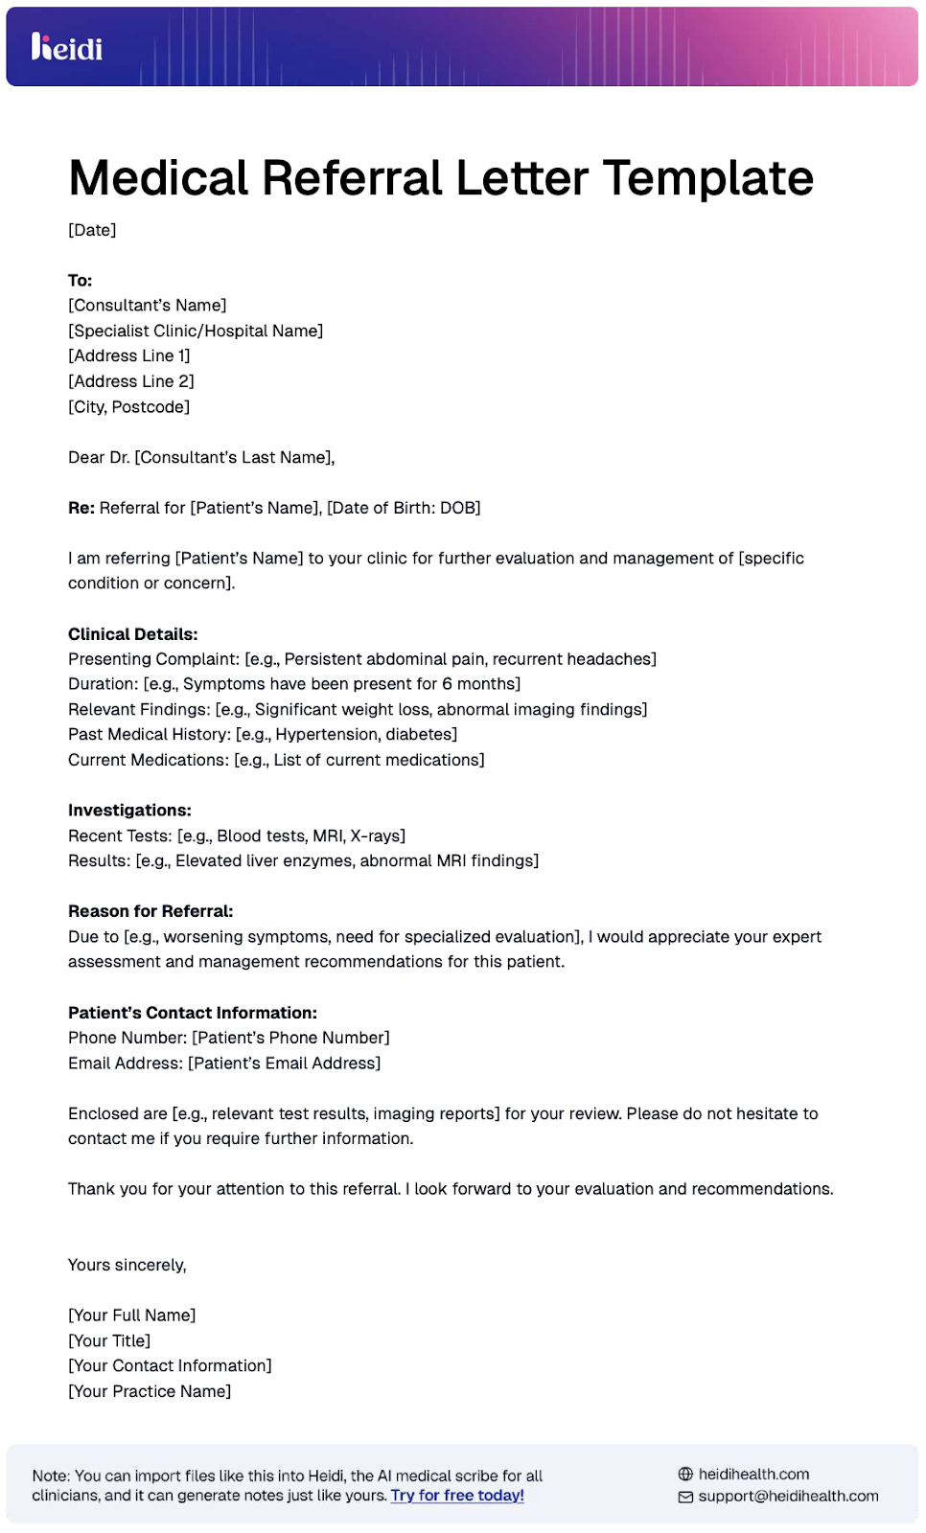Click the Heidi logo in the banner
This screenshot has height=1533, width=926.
point(66,47)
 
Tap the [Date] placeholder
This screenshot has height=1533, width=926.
point(92,230)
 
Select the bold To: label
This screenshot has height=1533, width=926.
point(80,281)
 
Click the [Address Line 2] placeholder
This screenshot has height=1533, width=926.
point(130,381)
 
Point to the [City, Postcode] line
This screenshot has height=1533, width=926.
point(128,407)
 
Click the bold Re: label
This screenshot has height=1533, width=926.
point(81,508)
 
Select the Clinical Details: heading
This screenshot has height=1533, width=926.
point(132,634)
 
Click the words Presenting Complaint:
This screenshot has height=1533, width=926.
point(153,659)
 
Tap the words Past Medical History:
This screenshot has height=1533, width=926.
point(149,735)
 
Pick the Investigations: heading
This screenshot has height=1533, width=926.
point(129,811)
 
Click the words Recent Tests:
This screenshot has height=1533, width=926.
point(120,836)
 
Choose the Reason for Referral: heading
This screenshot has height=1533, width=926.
point(150,911)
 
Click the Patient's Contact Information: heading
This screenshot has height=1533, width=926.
point(192,1013)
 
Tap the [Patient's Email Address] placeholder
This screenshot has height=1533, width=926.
point(284,1064)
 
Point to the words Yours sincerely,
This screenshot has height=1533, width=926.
point(127,1266)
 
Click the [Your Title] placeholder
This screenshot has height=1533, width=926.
point(109,1341)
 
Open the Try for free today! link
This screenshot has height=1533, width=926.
point(457,1496)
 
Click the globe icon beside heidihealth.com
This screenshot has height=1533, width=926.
point(685,1475)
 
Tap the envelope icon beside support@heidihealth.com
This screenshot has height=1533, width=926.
point(685,1497)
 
